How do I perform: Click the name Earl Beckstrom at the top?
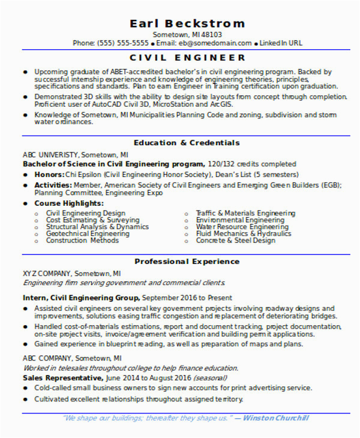187,23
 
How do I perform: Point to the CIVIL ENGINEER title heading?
187,58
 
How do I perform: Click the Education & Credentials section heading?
187,143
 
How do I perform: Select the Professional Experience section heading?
187,262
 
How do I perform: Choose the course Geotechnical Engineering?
88,233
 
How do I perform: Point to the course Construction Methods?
82,241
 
